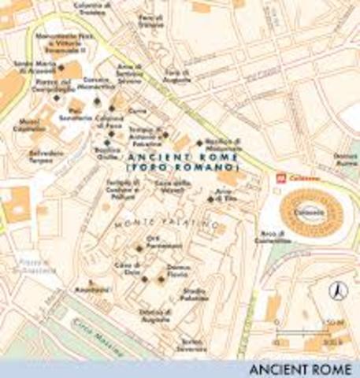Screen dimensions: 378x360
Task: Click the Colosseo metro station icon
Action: coord(280,177)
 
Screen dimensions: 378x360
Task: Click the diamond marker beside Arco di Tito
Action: coord(210,198)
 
